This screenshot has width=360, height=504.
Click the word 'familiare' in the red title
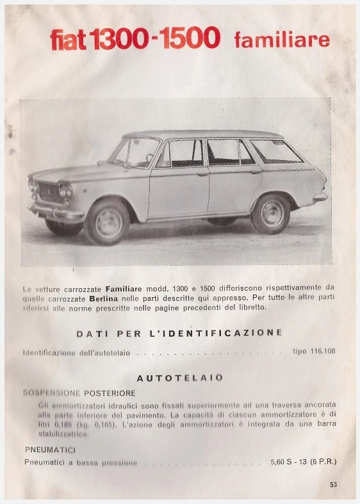coord(282,40)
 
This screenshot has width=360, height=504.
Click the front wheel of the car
coord(108,222)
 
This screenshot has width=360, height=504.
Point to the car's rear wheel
coord(270,213)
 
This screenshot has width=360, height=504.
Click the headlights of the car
coord(65,190)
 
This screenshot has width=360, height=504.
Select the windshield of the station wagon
coord(134,152)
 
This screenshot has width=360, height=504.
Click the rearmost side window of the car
coord(275,151)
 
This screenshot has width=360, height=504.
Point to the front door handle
coord(202,174)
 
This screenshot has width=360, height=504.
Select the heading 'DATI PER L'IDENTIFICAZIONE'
coord(179,333)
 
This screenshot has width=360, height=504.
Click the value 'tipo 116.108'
coord(314,352)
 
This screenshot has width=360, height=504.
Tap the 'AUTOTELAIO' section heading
coord(180,378)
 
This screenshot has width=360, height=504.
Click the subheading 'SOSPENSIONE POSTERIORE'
coord(79,393)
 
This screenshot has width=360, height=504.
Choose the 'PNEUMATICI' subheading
coord(50,450)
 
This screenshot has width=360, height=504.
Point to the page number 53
coord(333,485)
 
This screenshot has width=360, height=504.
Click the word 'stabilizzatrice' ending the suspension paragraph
coord(63,434)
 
